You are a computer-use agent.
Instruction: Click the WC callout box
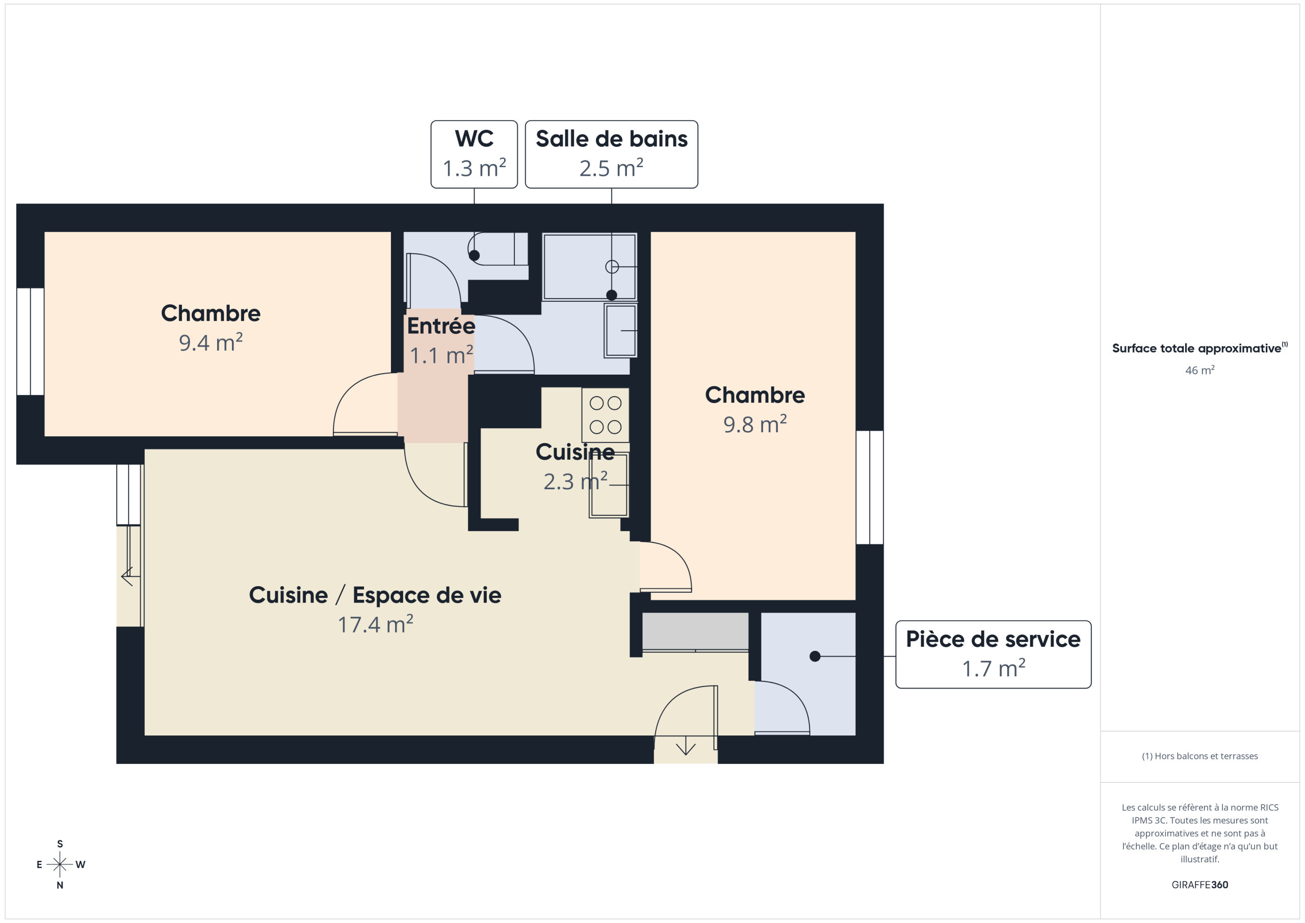pyautogui.click(x=474, y=154)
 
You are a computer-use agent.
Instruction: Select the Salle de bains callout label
pyautogui.click(x=612, y=154)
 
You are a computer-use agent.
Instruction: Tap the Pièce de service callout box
pyautogui.click(x=993, y=654)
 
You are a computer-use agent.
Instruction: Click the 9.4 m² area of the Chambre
pyautogui.click(x=211, y=342)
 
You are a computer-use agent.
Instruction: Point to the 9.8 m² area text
pyautogui.click(x=755, y=425)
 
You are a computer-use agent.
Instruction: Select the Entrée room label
pyautogui.click(x=441, y=326)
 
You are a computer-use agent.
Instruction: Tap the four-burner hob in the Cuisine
pyautogui.click(x=605, y=415)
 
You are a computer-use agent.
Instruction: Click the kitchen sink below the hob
pyautogui.click(x=609, y=485)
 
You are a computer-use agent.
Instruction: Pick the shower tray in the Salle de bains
pyautogui.click(x=589, y=267)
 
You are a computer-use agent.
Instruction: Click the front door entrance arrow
pyautogui.click(x=686, y=746)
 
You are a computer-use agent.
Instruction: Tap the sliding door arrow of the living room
pyautogui.click(x=127, y=576)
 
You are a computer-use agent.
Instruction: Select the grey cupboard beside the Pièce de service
pyautogui.click(x=695, y=631)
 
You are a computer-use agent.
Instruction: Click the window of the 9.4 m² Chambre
pyautogui.click(x=30, y=341)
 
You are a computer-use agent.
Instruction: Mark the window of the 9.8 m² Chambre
pyautogui.click(x=870, y=487)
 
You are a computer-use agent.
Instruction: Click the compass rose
pyautogui.click(x=60, y=864)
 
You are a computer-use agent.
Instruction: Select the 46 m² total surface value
pyautogui.click(x=1200, y=370)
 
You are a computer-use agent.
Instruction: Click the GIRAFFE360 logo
pyautogui.click(x=1200, y=884)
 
